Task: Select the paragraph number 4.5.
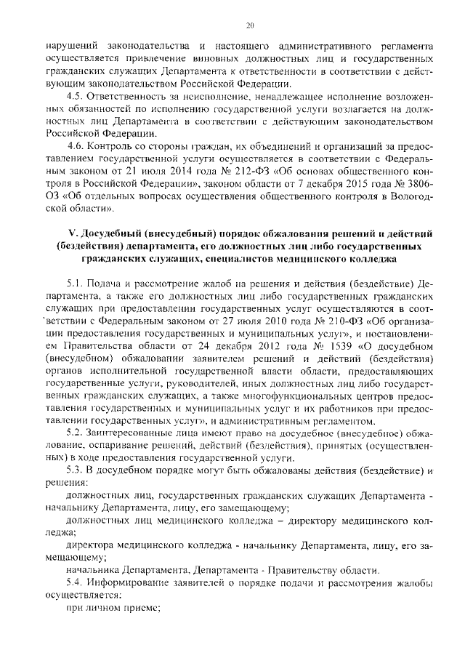(x=73, y=96)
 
